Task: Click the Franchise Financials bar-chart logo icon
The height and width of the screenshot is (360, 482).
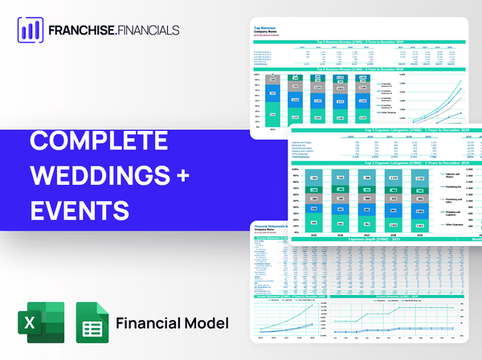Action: (x=30, y=29)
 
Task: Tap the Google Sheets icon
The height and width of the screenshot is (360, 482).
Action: (x=92, y=322)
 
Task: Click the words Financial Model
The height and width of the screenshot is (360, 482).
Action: (x=173, y=323)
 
